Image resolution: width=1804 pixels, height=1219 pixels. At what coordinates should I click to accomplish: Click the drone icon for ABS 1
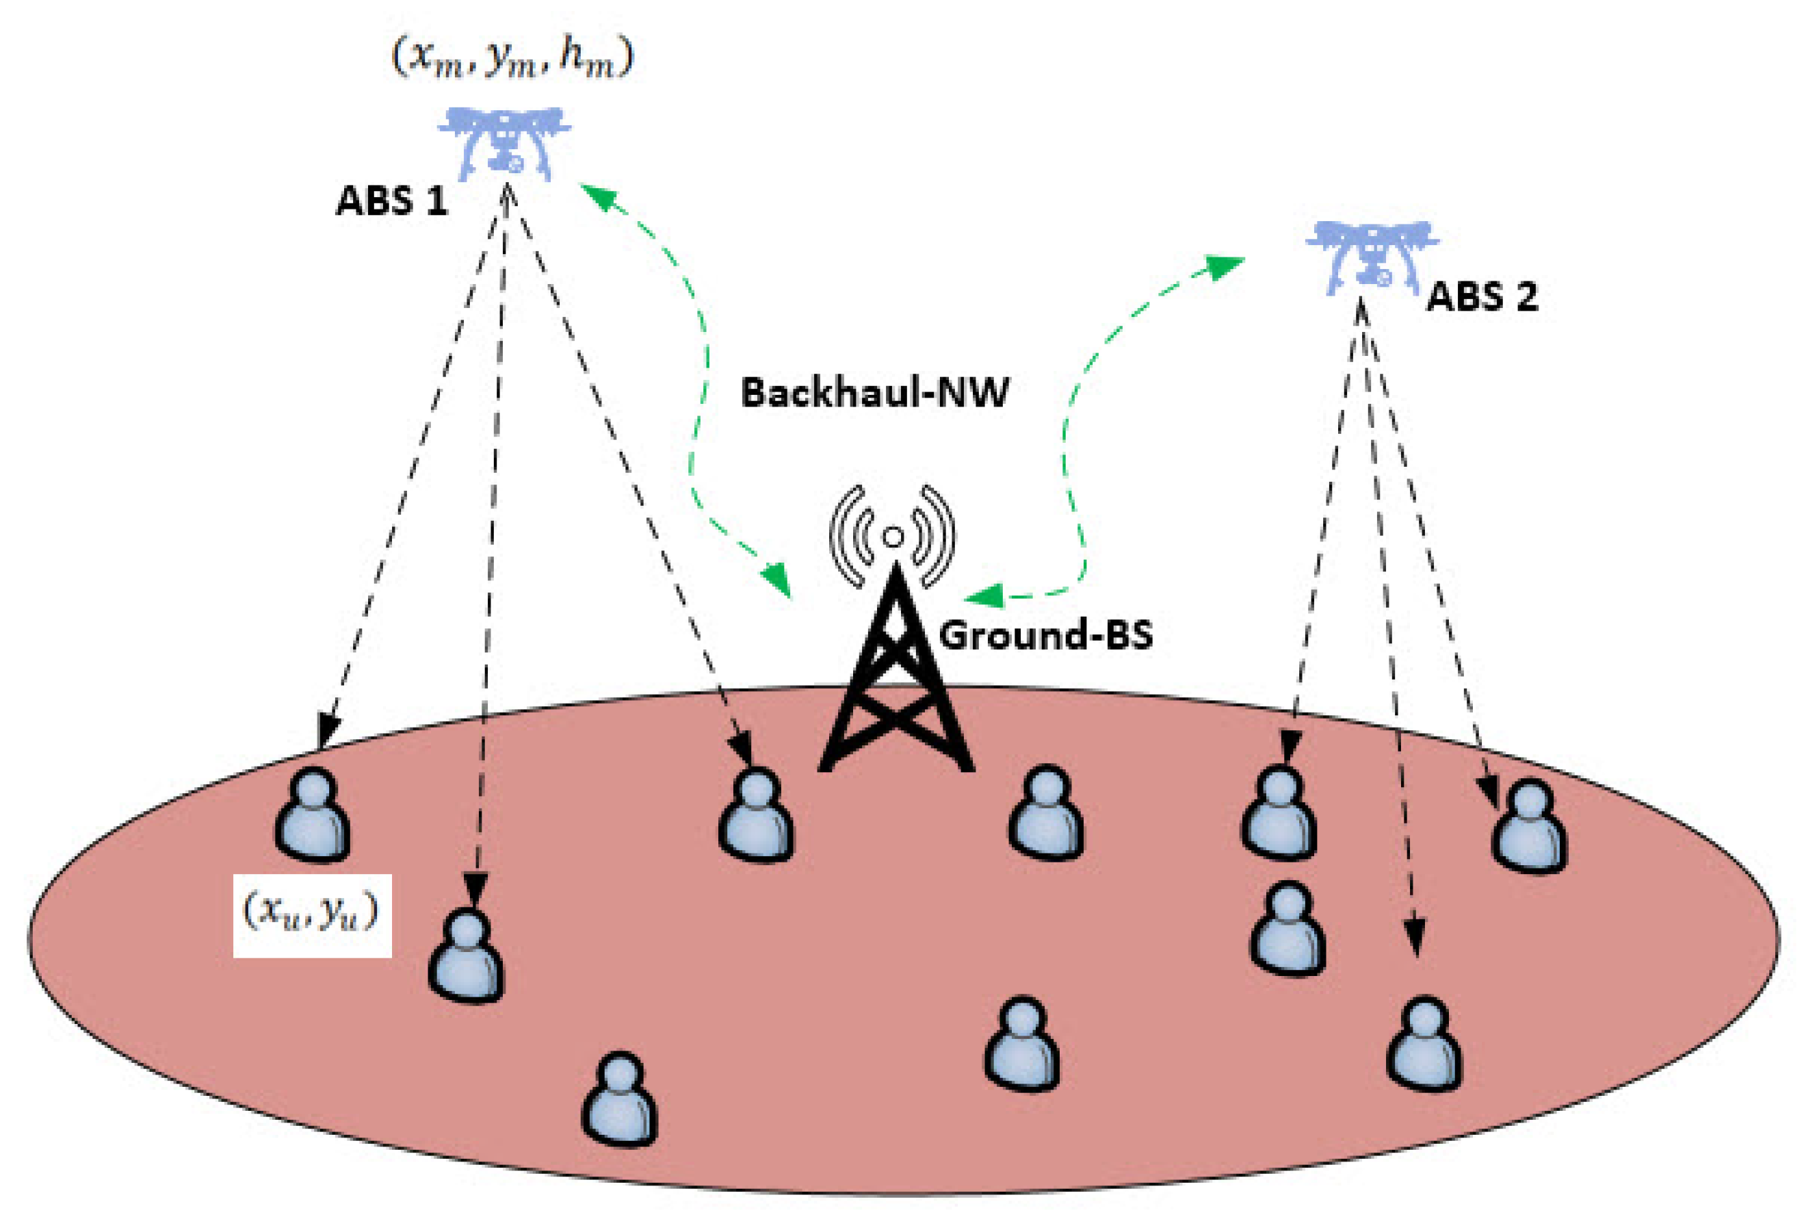[506, 143]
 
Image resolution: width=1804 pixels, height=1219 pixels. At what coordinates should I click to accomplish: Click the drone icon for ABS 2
[1371, 257]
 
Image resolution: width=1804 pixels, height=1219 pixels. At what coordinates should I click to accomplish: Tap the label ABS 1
[391, 201]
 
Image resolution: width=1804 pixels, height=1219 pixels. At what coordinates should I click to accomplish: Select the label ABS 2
[1482, 296]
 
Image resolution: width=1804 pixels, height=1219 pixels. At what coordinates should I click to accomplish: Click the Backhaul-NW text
[874, 392]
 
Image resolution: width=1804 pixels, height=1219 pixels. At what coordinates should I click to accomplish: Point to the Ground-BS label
[1045, 635]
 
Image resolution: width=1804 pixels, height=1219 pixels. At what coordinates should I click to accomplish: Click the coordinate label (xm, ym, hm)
[513, 59]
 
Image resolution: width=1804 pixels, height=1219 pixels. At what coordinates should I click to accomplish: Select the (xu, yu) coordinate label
[312, 915]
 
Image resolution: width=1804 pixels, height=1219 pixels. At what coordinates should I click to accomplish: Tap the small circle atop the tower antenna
[893, 536]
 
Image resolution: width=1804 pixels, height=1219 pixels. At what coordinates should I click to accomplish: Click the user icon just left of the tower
[756, 814]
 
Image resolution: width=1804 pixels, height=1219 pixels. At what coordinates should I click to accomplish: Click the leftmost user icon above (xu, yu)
[312, 814]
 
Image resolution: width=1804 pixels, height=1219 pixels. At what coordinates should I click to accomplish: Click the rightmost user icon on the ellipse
[1529, 826]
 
